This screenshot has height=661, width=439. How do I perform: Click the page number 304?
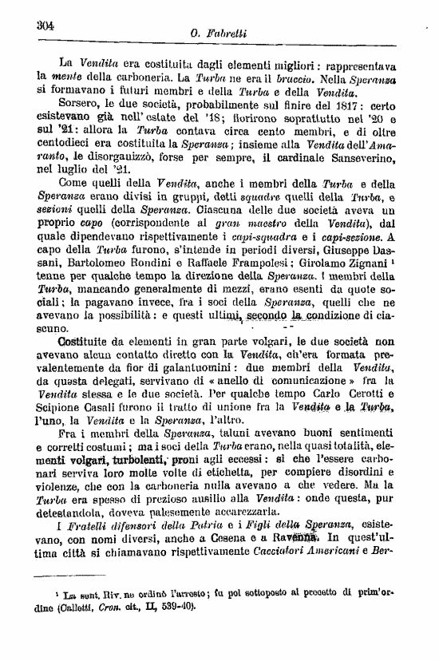tap(45, 26)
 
